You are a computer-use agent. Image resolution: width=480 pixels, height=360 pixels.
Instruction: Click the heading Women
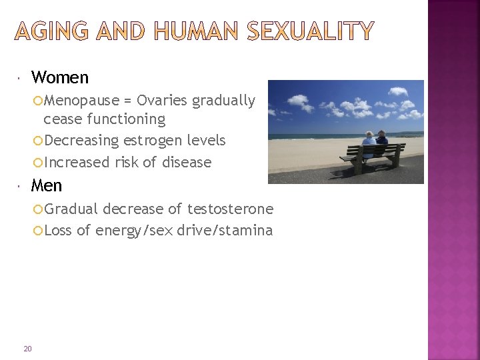59,77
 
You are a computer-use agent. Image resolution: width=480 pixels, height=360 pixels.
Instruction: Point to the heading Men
46,185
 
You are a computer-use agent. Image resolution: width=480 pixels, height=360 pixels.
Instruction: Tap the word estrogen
144,141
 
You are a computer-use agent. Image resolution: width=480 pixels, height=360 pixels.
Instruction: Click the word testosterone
230,209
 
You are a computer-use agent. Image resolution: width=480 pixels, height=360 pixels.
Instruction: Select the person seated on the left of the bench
369,143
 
